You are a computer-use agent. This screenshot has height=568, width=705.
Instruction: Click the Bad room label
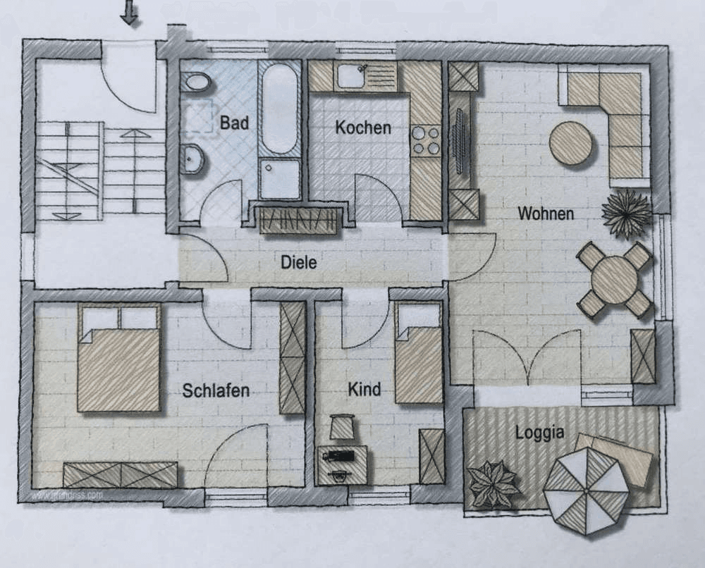click(234, 123)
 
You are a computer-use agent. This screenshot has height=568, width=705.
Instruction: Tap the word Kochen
click(362, 128)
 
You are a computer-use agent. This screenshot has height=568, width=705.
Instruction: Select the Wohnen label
click(545, 213)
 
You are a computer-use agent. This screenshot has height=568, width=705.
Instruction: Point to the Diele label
click(299, 262)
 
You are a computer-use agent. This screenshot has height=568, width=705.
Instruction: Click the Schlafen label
click(216, 390)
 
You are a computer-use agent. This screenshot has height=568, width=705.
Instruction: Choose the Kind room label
click(364, 389)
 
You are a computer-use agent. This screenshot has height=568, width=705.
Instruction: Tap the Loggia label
click(539, 432)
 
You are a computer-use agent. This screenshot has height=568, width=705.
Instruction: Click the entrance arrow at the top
click(129, 13)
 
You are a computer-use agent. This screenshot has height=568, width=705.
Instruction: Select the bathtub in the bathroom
click(279, 109)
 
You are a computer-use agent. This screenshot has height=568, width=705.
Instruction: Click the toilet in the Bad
click(195, 83)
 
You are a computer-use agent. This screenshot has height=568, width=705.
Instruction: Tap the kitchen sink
click(351, 75)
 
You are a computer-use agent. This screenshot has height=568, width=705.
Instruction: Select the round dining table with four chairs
click(614, 280)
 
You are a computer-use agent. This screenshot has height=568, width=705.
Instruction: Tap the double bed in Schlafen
click(118, 357)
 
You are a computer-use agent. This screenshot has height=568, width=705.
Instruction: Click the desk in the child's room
click(341, 464)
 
